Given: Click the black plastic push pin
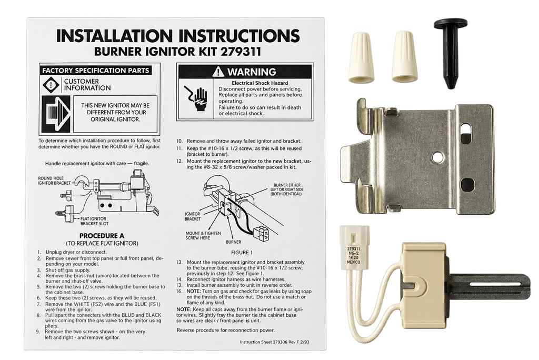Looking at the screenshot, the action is coord(451,52).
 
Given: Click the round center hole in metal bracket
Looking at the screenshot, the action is coord(437,157).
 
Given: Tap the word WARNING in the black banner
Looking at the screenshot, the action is coord(251,72).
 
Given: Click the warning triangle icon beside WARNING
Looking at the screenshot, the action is coord(218,72).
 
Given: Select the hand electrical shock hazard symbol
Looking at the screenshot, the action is coord(196,98).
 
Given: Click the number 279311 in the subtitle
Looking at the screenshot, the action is coord(241,52).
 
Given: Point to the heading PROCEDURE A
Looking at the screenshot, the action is coord(102,236).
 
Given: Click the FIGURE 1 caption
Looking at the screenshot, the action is coord(242,253).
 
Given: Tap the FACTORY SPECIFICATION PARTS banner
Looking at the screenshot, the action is coord(96,71).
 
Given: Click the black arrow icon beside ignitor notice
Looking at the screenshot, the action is coord(55,115).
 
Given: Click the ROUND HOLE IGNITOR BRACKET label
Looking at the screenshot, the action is coord(54,181).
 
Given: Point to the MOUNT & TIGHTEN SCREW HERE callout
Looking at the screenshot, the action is coord(203,236).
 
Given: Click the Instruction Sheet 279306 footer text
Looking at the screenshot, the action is coord(274,342).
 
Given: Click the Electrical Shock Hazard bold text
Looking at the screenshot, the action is coord(260,83).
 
